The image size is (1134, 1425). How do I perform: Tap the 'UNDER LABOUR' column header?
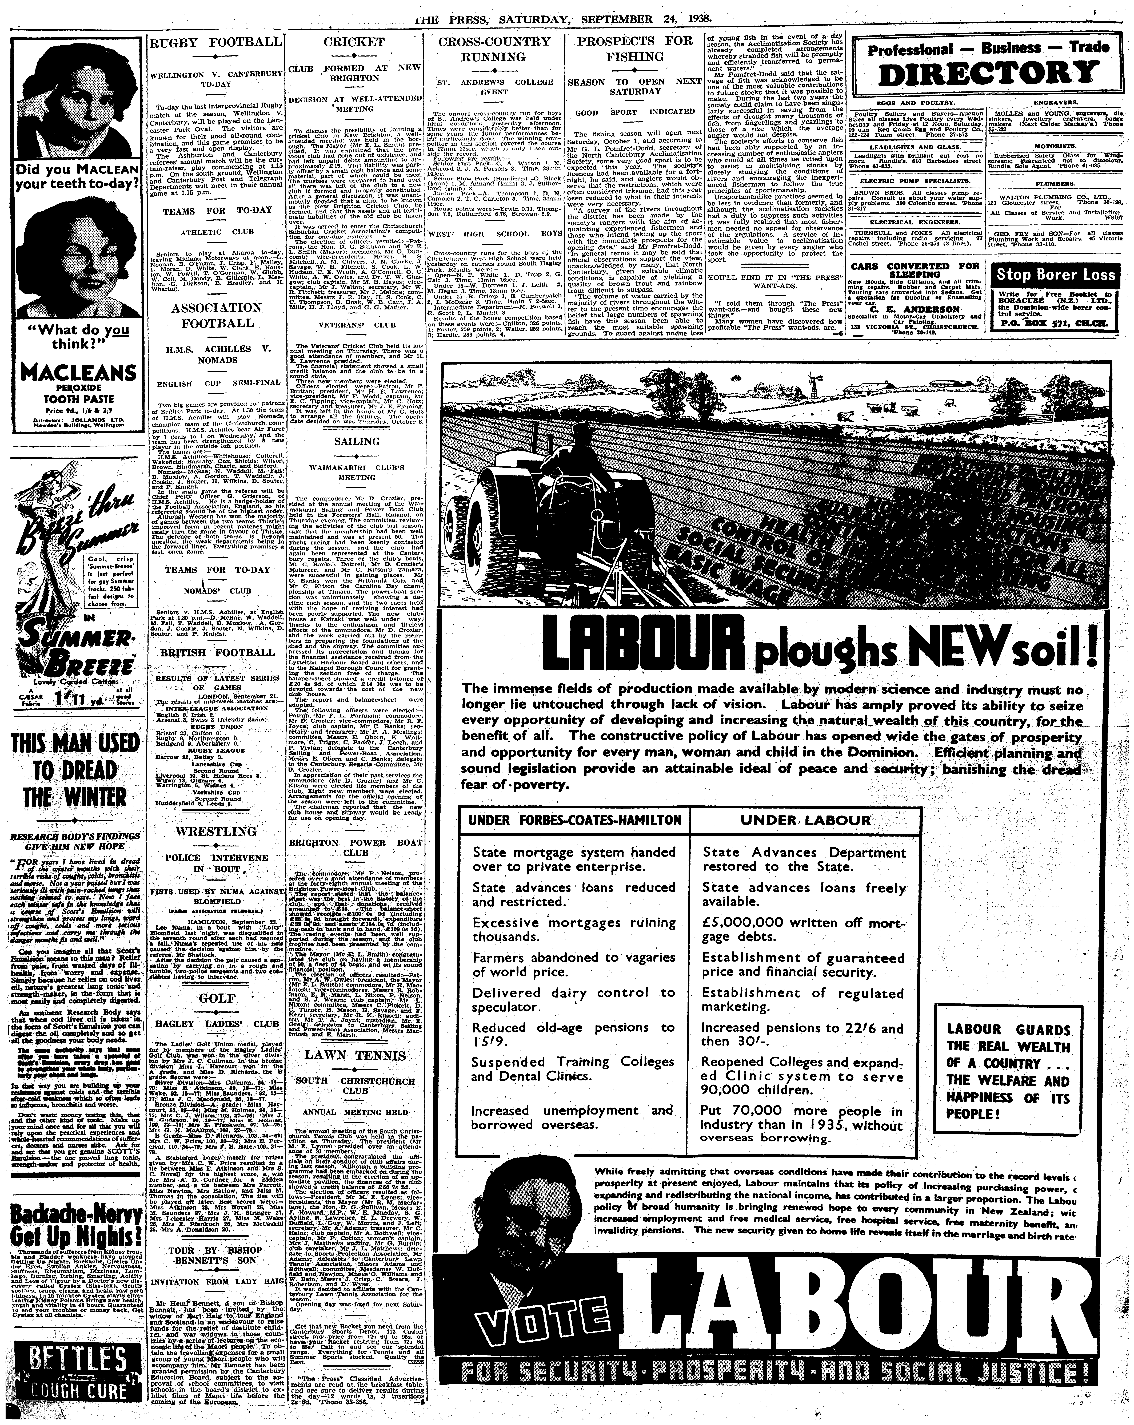pos(805,820)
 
